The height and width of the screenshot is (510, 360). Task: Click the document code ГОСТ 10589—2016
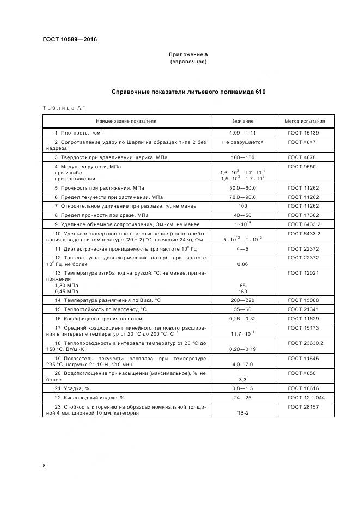(x=66, y=40)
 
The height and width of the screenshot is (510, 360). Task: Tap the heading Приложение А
(x=188, y=54)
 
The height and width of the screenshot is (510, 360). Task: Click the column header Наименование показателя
(x=126, y=121)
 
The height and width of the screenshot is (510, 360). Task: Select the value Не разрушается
(x=242, y=142)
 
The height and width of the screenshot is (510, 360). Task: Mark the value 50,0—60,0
(x=242, y=187)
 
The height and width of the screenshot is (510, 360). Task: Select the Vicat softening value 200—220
(x=242, y=300)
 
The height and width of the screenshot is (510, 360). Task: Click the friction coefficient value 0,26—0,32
(x=242, y=318)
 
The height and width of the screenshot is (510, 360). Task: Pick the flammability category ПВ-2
(x=242, y=413)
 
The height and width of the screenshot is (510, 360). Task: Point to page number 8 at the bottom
(x=44, y=466)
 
